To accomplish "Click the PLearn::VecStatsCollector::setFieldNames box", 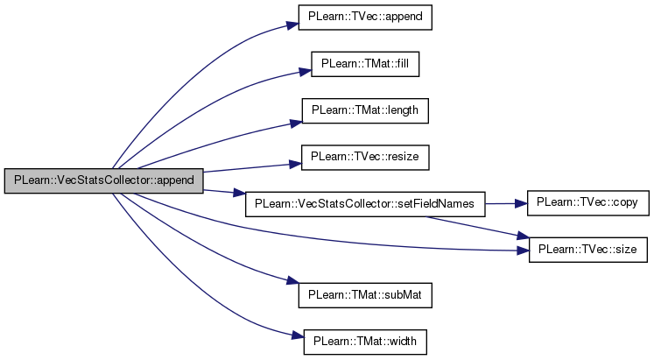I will (364, 203).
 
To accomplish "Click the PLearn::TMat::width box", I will (364, 341).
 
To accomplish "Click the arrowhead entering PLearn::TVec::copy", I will (520, 203).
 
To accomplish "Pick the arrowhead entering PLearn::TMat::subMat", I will (292, 282).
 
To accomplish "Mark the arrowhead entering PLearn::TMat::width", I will (296, 335).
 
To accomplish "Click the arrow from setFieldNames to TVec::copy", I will (503, 203).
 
